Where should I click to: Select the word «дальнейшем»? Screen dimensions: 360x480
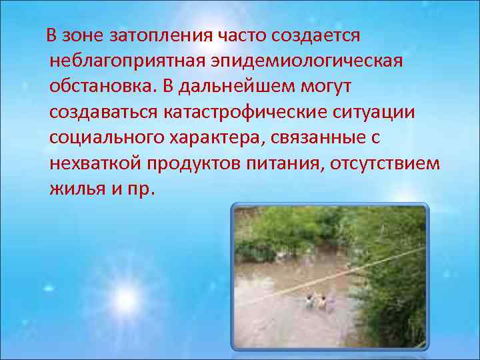tap(248, 87)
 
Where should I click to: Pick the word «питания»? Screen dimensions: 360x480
tap(289, 163)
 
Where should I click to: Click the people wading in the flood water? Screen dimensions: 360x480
tap(317, 299)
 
